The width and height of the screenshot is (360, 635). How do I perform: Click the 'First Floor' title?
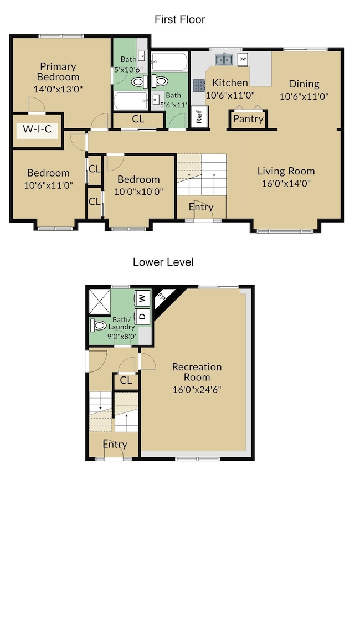tap(180, 19)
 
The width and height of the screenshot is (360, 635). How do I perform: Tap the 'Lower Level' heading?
tap(163, 262)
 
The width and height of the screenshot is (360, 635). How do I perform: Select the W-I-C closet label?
tap(37, 129)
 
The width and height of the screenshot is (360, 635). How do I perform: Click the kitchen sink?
tap(224, 60)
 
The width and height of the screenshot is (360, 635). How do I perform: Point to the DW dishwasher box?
tap(243, 59)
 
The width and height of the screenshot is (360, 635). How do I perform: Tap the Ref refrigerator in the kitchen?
tap(199, 117)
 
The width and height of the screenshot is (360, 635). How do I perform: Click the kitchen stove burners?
tap(198, 85)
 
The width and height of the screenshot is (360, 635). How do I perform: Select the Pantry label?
tap(248, 118)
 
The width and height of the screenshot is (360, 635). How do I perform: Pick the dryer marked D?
tap(142, 316)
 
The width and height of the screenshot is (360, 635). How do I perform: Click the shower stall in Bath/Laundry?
tap(99, 301)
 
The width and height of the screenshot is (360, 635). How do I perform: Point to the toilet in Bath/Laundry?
tap(98, 325)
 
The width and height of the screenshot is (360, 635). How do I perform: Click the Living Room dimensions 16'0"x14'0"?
tap(286, 183)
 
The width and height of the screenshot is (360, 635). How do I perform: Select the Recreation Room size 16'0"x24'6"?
tap(197, 390)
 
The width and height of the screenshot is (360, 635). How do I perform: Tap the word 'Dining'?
tap(304, 84)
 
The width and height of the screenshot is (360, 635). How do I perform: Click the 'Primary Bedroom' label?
tap(58, 71)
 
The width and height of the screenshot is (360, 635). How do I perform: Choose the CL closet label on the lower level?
tap(126, 380)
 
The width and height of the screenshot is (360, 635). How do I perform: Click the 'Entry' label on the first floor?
tap(201, 207)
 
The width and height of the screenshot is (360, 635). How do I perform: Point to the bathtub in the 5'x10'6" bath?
tap(130, 100)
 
